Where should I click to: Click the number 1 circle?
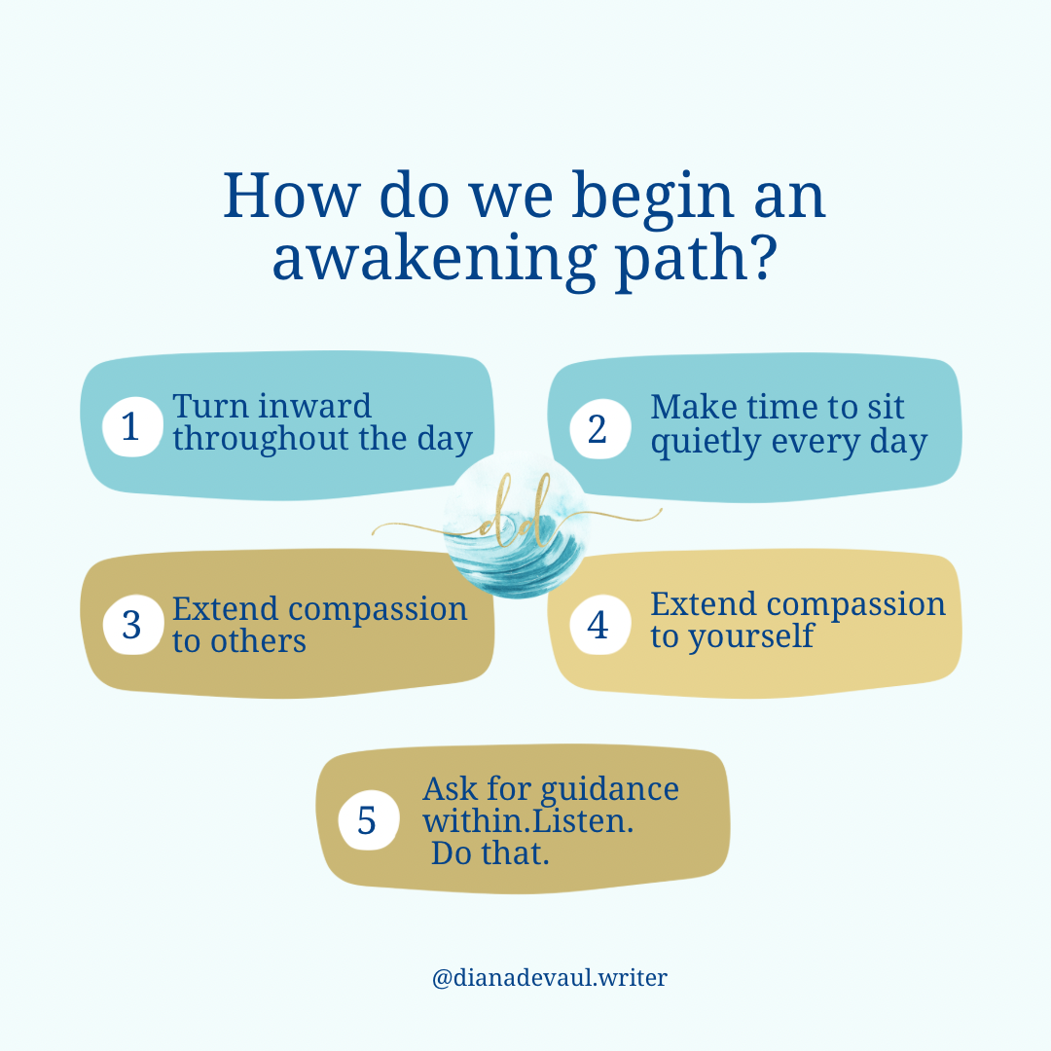tap(132, 427)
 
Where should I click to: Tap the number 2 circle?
tap(599, 429)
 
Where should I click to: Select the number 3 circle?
tap(132, 625)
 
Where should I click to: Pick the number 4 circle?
tap(599, 625)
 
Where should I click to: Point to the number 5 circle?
tap(369, 819)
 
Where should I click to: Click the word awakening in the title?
tap(434, 261)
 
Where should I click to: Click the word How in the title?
tap(291, 196)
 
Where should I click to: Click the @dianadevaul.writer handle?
tap(550, 977)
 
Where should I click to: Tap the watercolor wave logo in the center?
tap(516, 526)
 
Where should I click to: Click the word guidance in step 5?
tap(609, 790)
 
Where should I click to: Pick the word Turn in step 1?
tap(210, 406)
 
